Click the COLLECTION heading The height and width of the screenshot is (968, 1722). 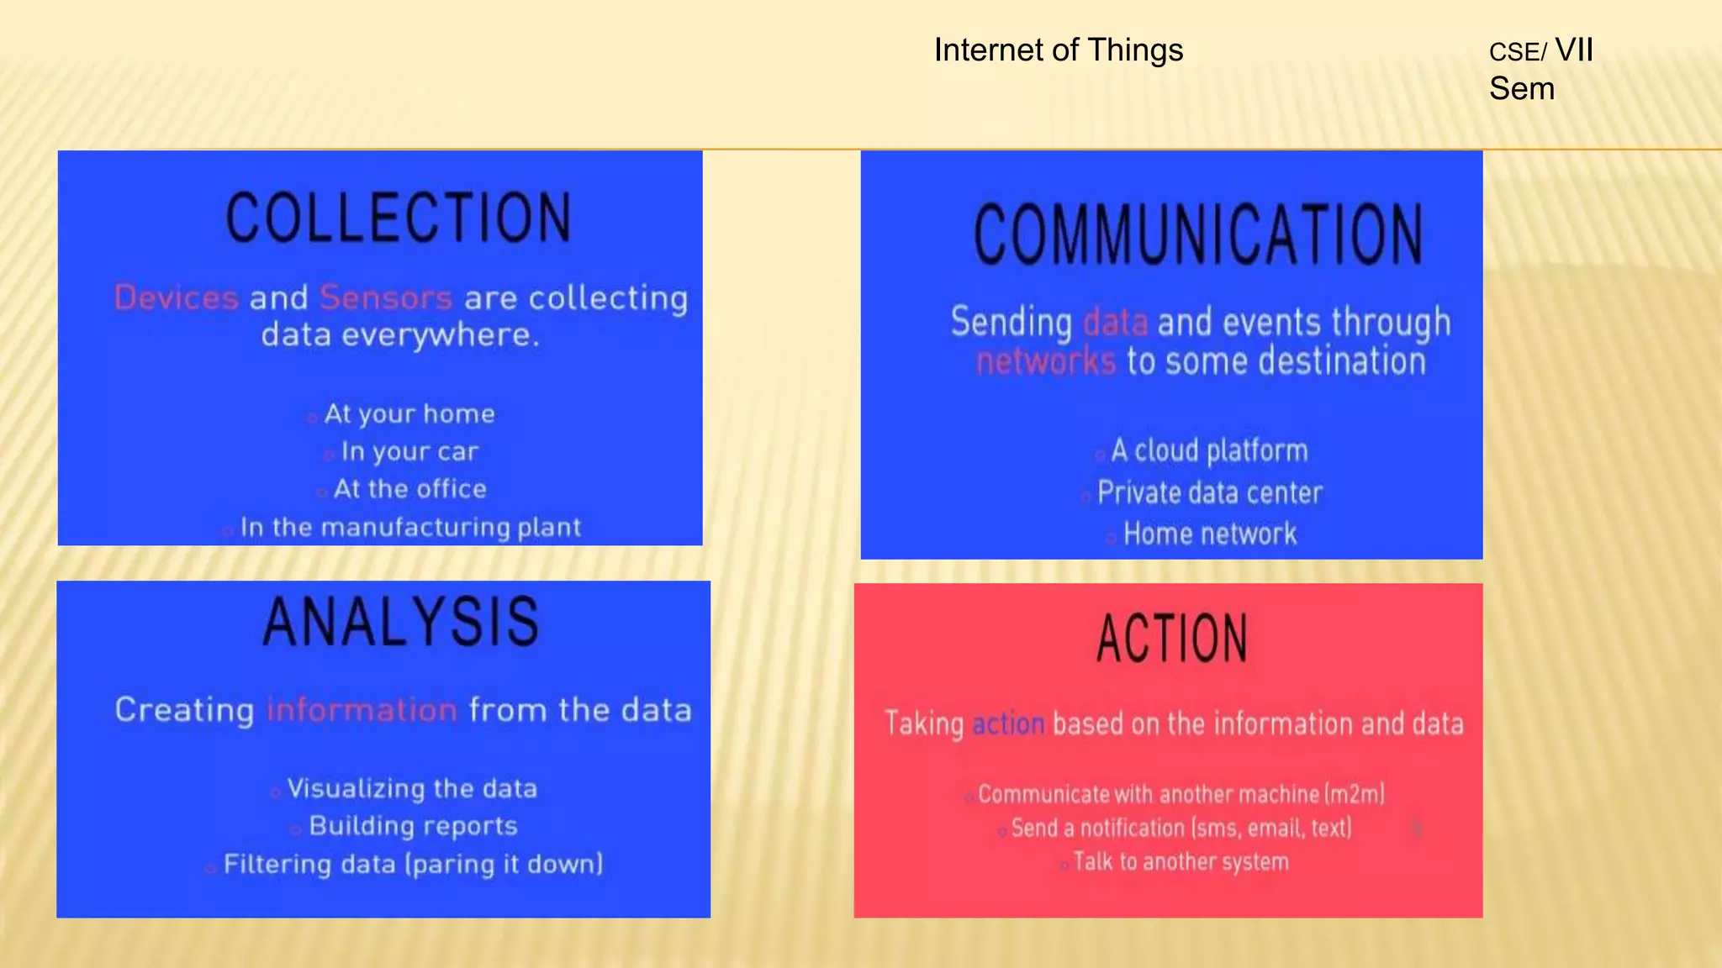(399, 218)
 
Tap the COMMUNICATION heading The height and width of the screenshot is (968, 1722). (1197, 234)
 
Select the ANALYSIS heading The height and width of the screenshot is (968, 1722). (401, 623)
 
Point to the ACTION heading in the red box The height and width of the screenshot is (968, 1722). (1172, 639)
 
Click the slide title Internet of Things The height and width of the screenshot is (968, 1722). (1058, 50)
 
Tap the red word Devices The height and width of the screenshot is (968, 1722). (177, 298)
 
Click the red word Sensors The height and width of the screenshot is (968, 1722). (386, 298)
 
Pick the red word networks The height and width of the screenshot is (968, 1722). (1045, 361)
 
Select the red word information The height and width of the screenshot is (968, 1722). (362, 710)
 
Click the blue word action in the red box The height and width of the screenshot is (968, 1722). (1007, 723)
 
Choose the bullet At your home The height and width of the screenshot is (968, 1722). (409, 413)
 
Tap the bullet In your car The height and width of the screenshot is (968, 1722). (409, 452)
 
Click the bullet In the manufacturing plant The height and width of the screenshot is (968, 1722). (410, 528)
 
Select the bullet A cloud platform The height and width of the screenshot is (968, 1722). (1209, 451)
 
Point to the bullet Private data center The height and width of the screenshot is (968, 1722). (1209, 493)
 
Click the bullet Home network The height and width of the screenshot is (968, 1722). (1209, 534)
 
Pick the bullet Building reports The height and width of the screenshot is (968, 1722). (413, 826)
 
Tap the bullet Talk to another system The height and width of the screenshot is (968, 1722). (1181, 862)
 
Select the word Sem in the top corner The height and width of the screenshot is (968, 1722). (1521, 89)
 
